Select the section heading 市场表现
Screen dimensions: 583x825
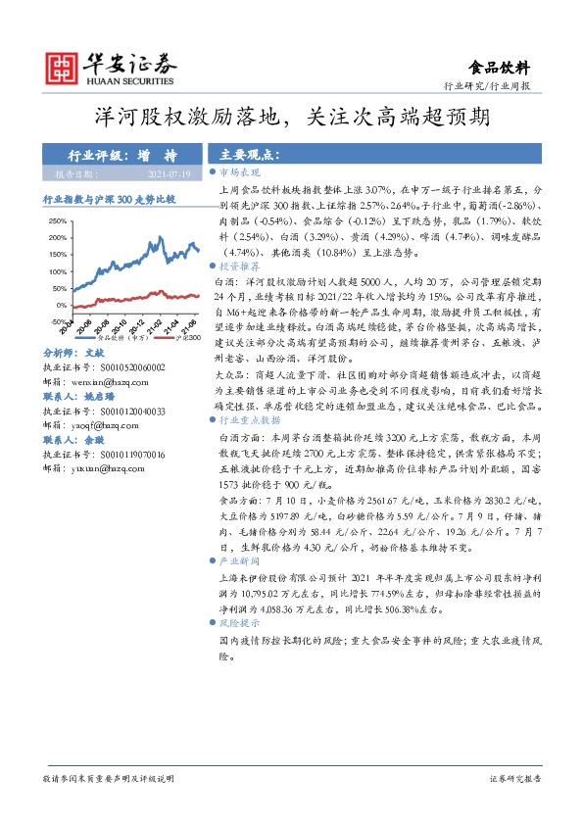(x=245, y=170)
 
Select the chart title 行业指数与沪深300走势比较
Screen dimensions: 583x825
(x=110, y=198)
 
